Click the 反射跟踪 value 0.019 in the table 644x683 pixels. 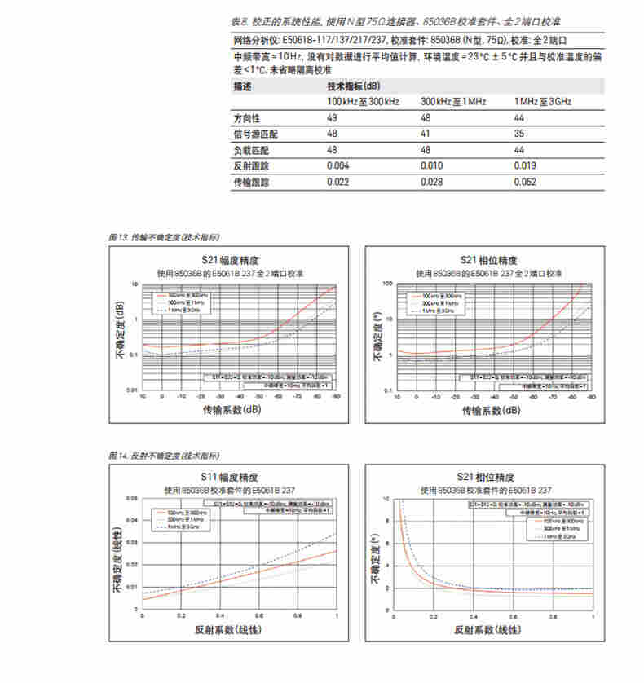pos(525,167)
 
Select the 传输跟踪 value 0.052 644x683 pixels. pos(525,183)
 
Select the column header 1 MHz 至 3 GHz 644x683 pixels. pos(542,101)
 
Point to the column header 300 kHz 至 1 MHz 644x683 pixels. pos(453,101)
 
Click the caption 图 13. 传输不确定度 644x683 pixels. pos(163,237)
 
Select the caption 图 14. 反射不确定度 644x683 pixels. pos(163,455)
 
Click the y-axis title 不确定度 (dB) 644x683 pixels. pos(119,335)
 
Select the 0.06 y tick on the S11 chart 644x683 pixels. pos(133,497)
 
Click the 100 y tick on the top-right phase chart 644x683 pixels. pos(388,284)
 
